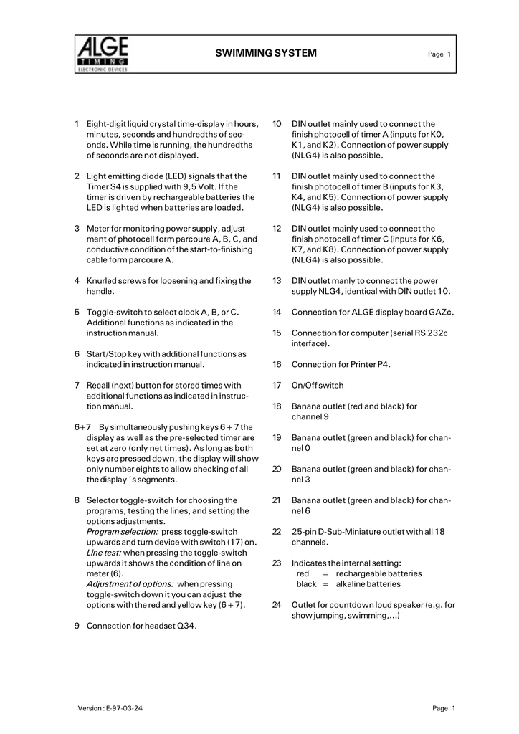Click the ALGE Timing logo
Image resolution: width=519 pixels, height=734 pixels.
(x=102, y=55)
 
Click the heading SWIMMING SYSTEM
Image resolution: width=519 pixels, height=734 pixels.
(x=266, y=54)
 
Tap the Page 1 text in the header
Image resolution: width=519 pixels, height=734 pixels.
(x=439, y=55)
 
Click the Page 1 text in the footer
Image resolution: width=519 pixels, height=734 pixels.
(x=444, y=709)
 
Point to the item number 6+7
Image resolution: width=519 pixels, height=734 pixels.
(x=82, y=427)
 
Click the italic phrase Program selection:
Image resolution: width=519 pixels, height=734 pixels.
(x=123, y=532)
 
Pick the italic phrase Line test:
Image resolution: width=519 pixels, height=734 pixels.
(x=104, y=553)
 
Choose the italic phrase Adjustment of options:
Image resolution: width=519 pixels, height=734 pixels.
(x=130, y=584)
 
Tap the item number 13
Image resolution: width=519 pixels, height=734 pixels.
(x=276, y=281)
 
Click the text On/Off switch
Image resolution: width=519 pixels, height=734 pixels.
(x=318, y=386)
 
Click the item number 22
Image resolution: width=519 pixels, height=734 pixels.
(x=276, y=532)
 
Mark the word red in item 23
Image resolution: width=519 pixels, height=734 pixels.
(x=303, y=573)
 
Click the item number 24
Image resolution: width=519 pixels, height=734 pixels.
(x=276, y=605)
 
